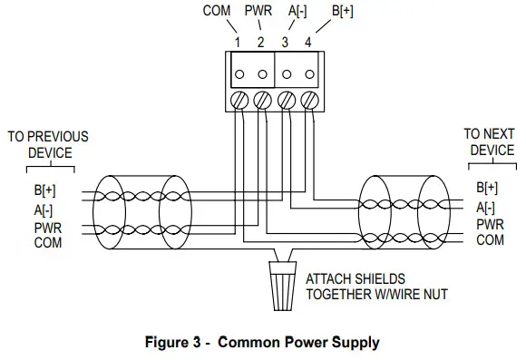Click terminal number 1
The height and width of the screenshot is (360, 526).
(237, 42)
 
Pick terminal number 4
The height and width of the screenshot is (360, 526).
(309, 42)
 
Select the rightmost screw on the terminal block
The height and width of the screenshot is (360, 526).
(308, 98)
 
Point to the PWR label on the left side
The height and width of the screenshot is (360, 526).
(47, 229)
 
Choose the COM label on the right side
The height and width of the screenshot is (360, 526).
(490, 240)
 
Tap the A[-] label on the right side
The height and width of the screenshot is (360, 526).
(487, 207)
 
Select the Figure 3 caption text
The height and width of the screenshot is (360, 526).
(263, 343)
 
